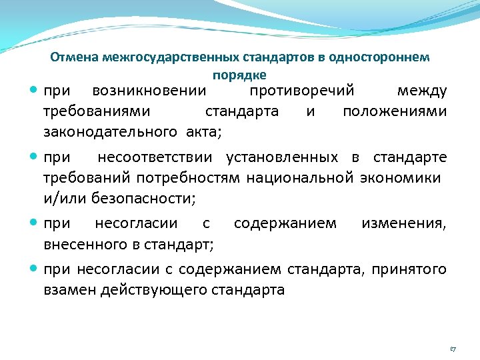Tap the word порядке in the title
(x=240, y=75)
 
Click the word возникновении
(x=149, y=91)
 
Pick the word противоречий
(x=301, y=91)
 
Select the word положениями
(x=395, y=111)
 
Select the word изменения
(x=404, y=224)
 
